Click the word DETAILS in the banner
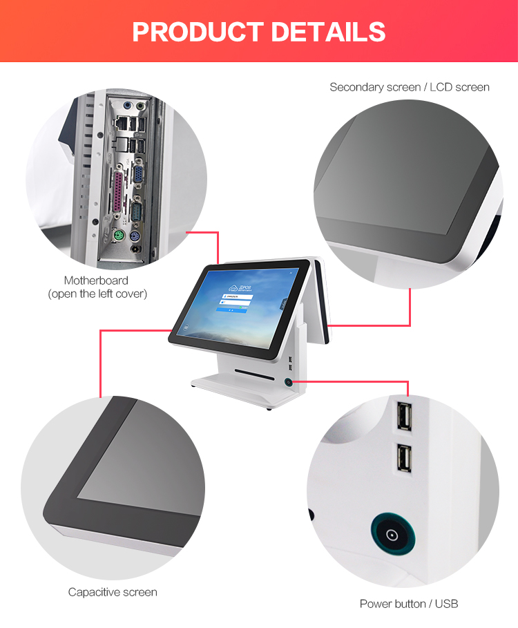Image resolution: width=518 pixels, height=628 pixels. click(328, 32)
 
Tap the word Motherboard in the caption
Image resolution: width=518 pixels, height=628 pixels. click(96, 280)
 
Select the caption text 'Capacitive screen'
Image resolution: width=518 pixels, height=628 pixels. click(113, 592)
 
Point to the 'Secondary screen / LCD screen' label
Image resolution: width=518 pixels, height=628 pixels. click(409, 87)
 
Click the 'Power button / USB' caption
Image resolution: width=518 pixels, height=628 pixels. click(408, 604)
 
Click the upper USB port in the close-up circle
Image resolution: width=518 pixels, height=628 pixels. click(403, 419)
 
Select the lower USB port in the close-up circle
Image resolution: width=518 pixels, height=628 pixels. click(403, 459)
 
